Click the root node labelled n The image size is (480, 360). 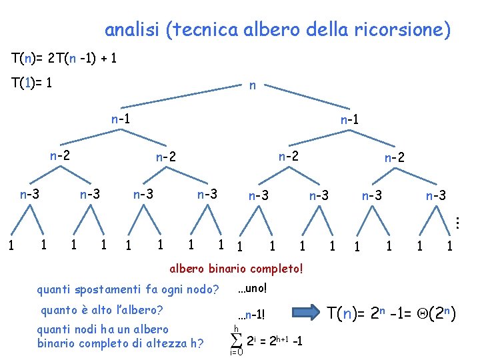tap(252, 86)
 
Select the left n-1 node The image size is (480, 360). tap(120, 119)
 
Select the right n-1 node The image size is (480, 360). tap(350, 121)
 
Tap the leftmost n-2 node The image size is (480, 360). tap(60, 155)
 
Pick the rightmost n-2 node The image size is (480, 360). tap(394, 158)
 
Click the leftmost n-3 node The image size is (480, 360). tap(29, 195)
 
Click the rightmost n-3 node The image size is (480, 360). tap(436, 196)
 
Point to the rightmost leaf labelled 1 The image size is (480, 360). tap(450, 247)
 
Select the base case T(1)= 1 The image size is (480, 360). tap(32, 83)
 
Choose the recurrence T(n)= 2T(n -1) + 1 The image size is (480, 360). tap(65, 58)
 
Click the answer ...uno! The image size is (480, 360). tap(252, 288)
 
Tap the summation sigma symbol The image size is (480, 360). tap(236, 340)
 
